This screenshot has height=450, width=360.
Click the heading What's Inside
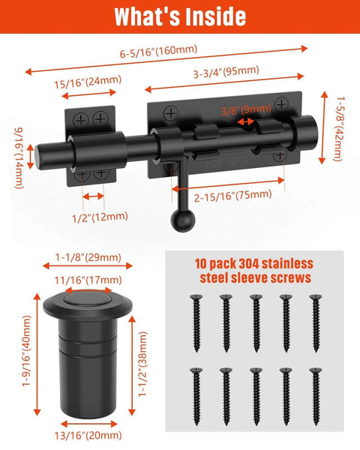coord(180,16)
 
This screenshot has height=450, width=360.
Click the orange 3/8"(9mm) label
coord(246,109)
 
